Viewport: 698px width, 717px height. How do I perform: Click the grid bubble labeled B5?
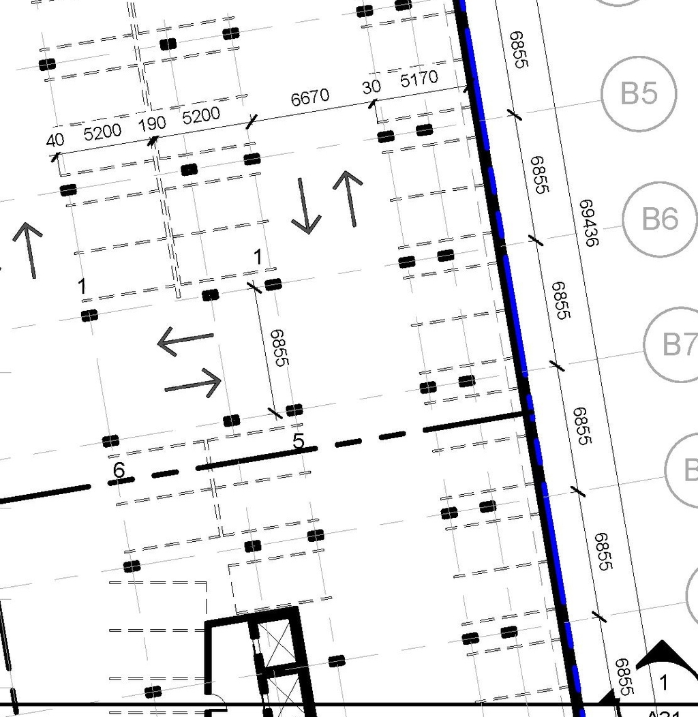coord(639,93)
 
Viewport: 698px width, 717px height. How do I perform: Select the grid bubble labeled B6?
coord(660,219)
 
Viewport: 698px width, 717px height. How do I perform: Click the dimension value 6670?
coord(310,97)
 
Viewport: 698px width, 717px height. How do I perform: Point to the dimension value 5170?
coord(419,79)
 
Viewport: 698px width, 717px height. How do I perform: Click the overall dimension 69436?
coord(588,223)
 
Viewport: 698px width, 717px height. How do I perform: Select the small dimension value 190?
coord(152,124)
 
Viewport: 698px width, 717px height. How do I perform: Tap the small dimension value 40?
coord(55,140)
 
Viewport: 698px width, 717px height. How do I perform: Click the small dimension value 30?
coord(371,87)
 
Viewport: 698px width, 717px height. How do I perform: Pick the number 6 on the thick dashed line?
coord(119,470)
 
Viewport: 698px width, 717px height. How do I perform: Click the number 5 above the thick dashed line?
coord(298,442)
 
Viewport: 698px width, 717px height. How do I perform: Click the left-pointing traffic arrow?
coord(185,339)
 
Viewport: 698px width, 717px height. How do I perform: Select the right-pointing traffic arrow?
coord(194,384)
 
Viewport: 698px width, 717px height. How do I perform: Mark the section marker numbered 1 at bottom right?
coord(663,682)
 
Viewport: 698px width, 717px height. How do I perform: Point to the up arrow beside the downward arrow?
coord(349,198)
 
